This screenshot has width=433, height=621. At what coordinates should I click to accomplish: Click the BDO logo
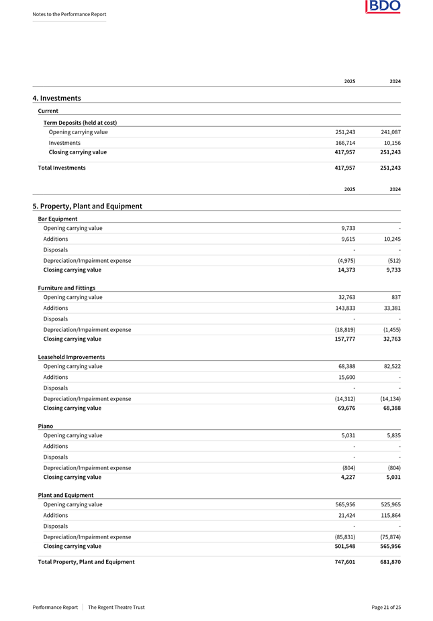[x=383, y=7]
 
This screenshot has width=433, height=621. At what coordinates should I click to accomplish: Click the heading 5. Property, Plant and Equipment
[x=87, y=206]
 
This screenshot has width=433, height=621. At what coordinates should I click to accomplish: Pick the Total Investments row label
[x=62, y=168]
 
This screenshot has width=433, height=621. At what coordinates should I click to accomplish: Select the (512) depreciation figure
[x=393, y=260]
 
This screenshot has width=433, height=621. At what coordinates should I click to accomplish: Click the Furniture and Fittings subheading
[x=66, y=288]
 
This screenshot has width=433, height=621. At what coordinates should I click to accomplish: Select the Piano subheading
[x=46, y=426]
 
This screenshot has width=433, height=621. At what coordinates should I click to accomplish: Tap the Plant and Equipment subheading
[x=66, y=495]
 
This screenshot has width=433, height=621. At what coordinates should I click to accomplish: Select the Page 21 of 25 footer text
[x=386, y=607]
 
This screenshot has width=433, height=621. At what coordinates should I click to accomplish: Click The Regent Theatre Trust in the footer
[x=116, y=607]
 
